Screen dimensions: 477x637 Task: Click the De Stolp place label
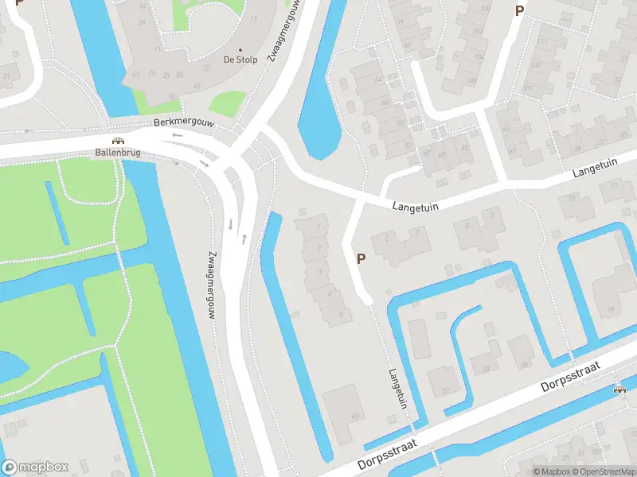point(240,60)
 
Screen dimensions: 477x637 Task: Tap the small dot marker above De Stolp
point(240,48)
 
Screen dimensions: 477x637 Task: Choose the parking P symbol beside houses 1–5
point(361,258)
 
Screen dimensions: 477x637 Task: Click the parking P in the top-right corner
point(519,11)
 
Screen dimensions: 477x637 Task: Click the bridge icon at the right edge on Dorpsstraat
point(619,389)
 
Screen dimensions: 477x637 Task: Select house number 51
point(445,390)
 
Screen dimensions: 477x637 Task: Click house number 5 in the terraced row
point(341,314)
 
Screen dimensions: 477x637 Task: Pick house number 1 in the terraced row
point(322,228)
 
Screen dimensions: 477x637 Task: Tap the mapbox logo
point(35,467)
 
